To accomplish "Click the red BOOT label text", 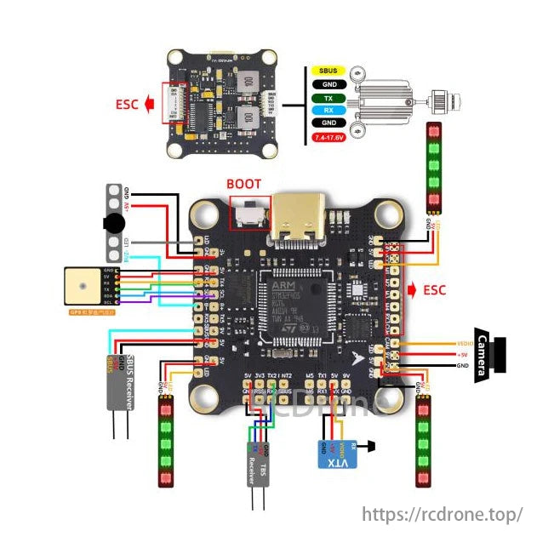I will point(244,184).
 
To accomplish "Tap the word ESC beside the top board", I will point(128,106).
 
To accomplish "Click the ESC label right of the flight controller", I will point(434,290).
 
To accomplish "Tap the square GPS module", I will point(87,287).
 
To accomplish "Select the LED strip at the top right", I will point(435,168).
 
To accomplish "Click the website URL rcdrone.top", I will point(442,515).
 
